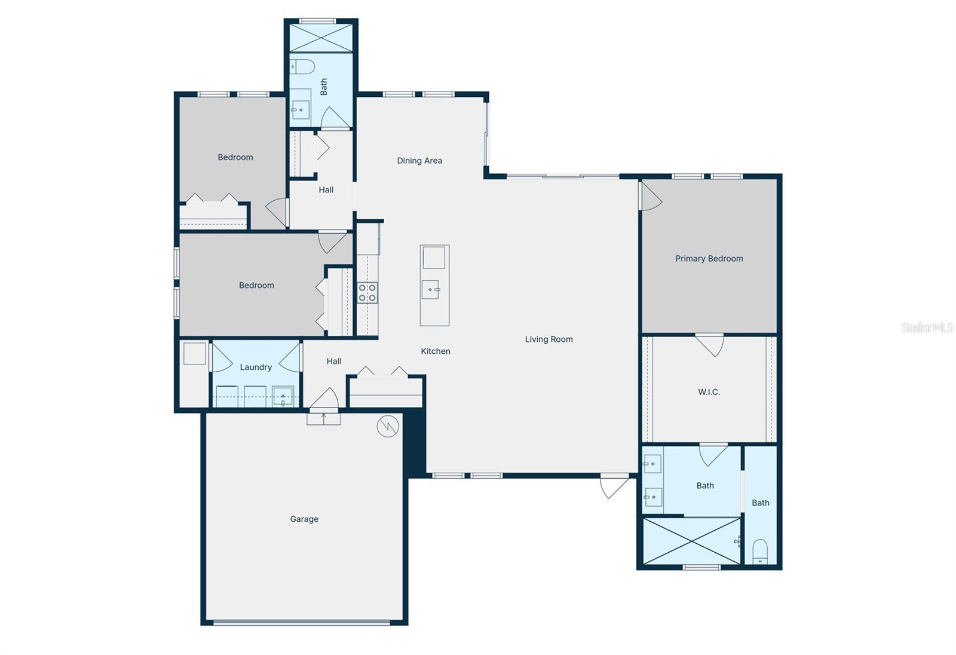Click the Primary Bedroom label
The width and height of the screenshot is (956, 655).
coord(709,259)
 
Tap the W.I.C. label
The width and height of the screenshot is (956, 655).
coord(709,392)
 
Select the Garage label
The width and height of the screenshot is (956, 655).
coord(304,519)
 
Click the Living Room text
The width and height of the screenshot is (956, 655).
coord(549,339)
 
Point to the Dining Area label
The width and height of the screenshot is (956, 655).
coord(419,161)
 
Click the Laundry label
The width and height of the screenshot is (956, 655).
coord(256,368)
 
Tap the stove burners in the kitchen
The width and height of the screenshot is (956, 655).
coord(367,293)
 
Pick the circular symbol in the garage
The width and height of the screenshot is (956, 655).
coord(388,426)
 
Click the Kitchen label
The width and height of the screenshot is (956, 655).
coord(436,351)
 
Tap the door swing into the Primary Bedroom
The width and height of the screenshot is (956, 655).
coord(650,196)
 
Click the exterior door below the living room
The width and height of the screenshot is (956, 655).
coord(614,485)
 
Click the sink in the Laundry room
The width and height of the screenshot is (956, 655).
coord(283,396)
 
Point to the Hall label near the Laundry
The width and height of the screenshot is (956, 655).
coord(334,362)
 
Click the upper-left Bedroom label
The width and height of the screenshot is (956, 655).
coord(235,158)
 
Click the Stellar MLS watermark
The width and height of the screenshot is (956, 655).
coord(927,327)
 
